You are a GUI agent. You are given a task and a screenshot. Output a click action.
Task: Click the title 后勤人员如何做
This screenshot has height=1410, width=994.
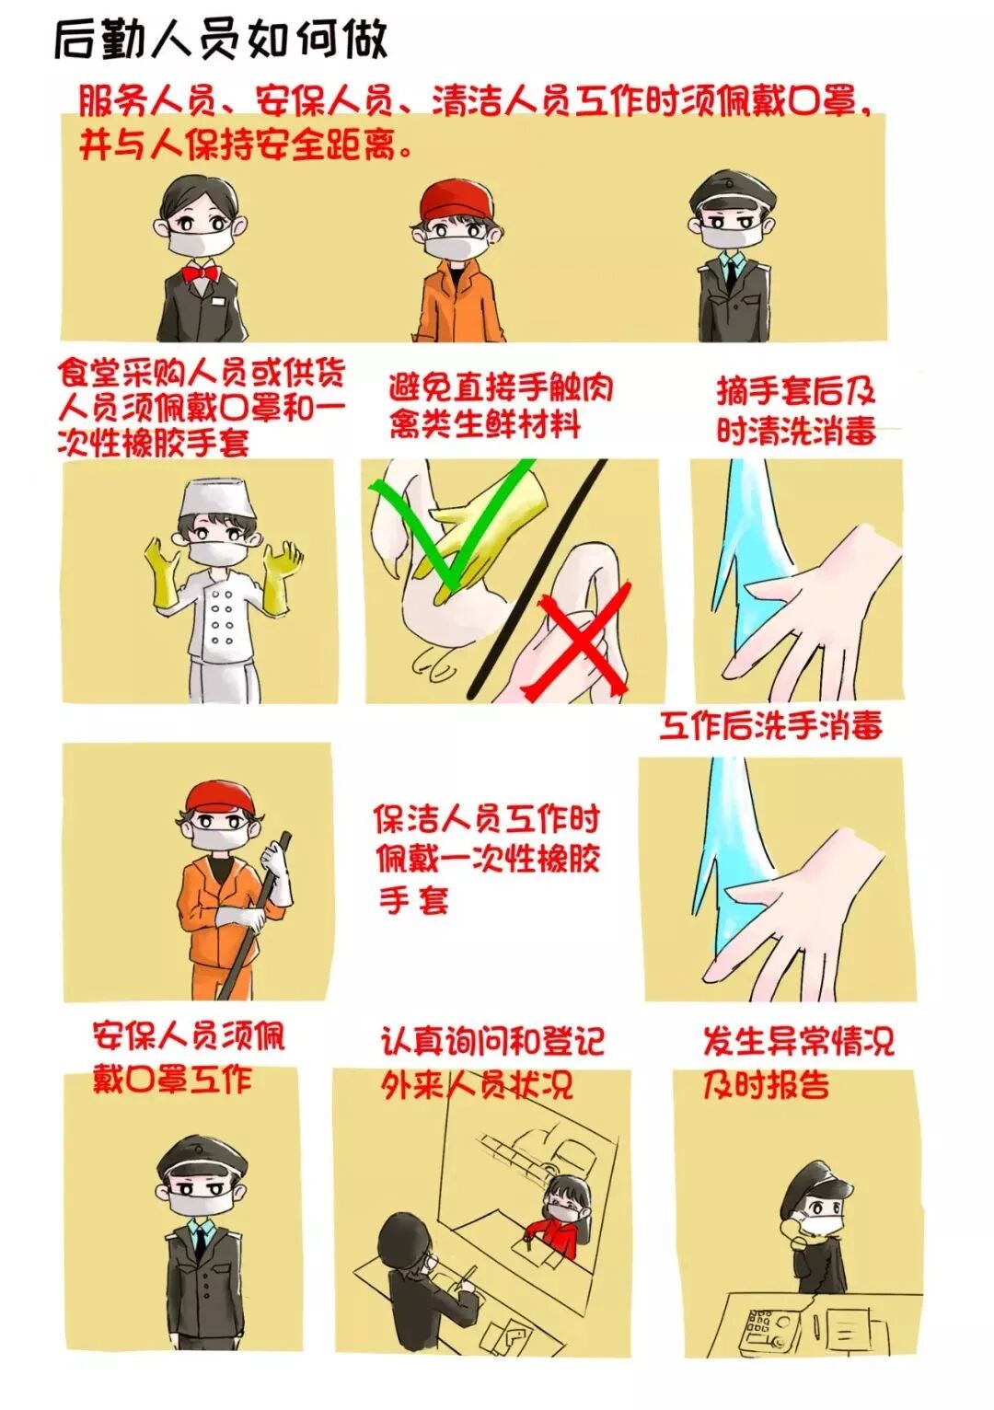(221, 40)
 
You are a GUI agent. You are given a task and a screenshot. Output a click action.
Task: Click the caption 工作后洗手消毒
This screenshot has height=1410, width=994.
(770, 725)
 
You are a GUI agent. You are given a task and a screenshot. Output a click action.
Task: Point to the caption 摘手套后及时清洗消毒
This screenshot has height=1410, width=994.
(796, 410)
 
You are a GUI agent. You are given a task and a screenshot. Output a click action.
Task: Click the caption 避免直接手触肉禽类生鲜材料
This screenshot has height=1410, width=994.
(500, 405)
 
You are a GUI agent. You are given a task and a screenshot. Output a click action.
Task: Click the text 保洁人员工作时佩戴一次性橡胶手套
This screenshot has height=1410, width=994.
(486, 858)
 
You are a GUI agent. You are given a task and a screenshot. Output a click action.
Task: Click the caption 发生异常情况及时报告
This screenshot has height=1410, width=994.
(797, 1062)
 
